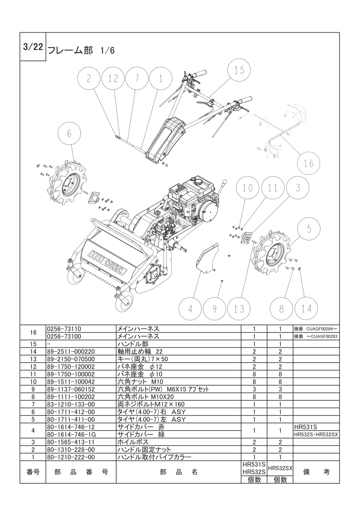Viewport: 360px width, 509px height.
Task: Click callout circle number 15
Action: pyautogui.click(x=239, y=70)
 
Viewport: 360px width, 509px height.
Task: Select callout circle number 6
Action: pyautogui.click(x=69, y=134)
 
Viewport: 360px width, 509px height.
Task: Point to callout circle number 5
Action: pyautogui.click(x=309, y=229)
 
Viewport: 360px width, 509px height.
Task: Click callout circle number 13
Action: pyautogui.click(x=239, y=308)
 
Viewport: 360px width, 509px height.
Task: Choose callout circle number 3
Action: pyautogui.click(x=298, y=188)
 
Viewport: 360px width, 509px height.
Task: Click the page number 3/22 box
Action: pyautogui.click(x=33, y=47)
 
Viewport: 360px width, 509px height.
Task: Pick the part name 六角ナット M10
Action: pyautogui.click(x=140, y=382)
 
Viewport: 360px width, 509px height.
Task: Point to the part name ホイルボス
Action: pyautogui.click(x=133, y=442)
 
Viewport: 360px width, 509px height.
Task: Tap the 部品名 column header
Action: pyautogui.click(x=179, y=472)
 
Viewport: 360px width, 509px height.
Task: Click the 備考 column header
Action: pyautogui.click(x=316, y=472)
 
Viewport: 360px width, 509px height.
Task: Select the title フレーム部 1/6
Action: pyautogui.click(x=81, y=51)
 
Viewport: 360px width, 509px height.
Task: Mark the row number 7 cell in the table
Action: pyautogui.click(x=33, y=404)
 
